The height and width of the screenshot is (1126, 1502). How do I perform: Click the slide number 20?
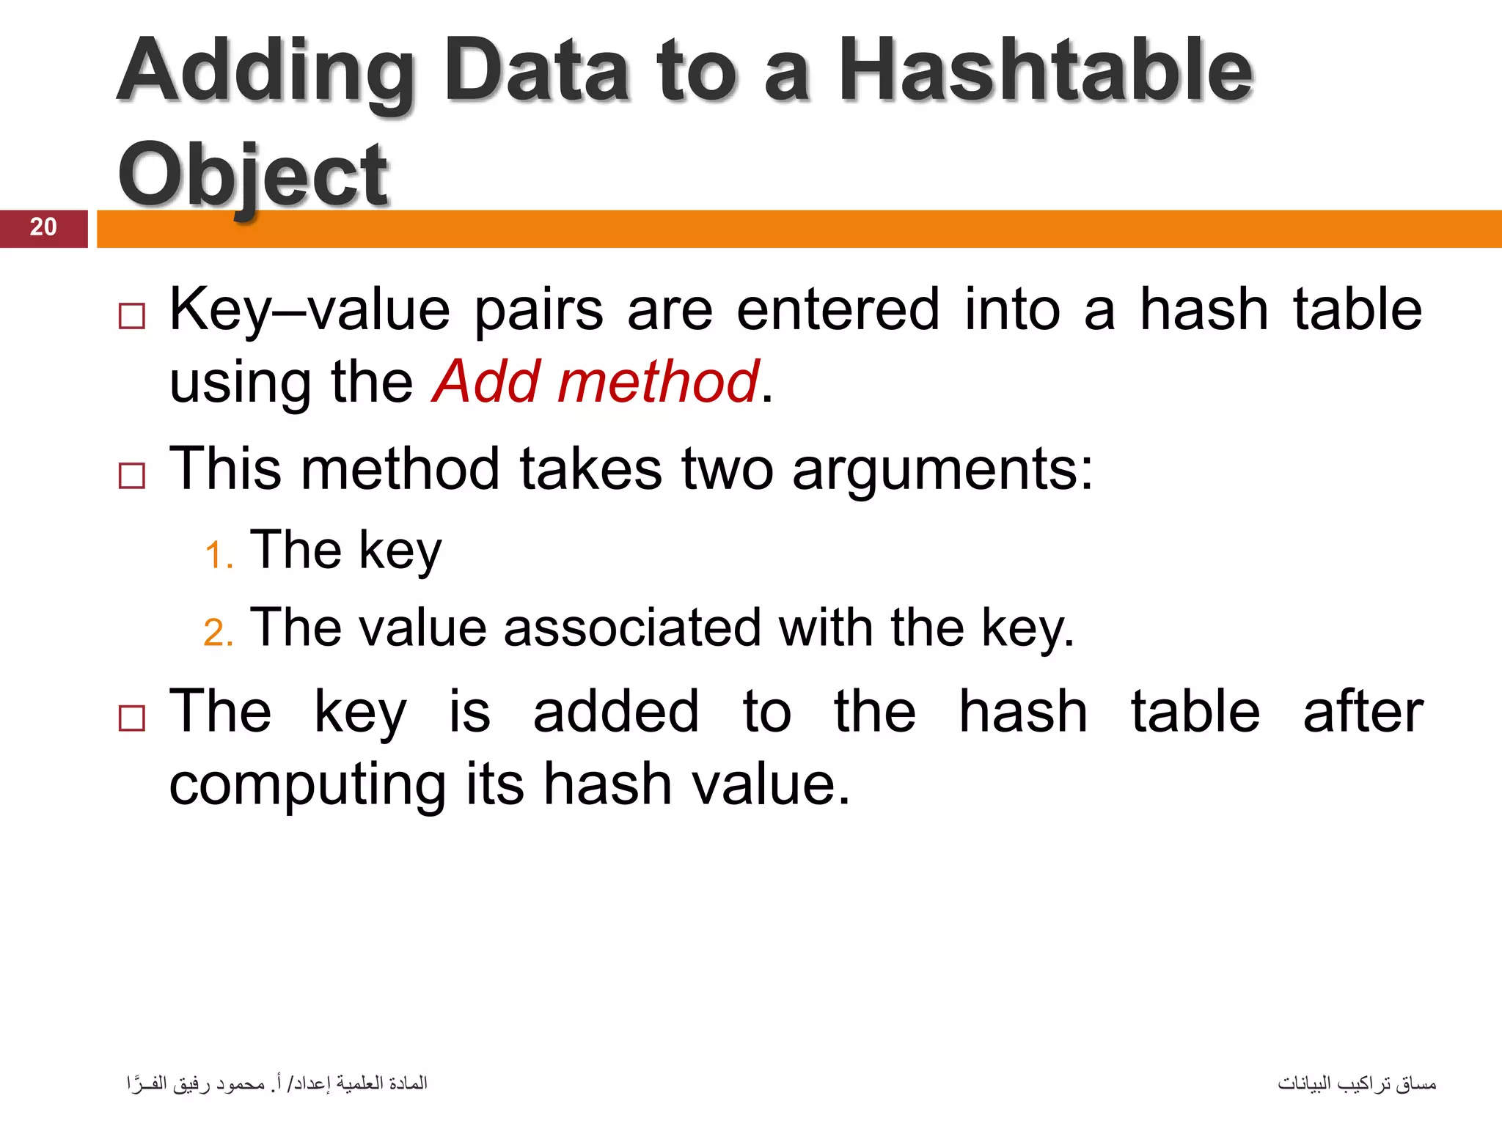coord(43,227)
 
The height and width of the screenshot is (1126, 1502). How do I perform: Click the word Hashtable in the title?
coord(1044,71)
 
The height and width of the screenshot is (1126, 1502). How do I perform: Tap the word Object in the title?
coord(252,176)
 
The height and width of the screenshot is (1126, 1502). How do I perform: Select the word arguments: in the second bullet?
coord(942,470)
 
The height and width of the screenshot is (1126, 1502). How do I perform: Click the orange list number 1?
coord(218,555)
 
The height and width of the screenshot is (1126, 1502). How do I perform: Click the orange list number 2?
coord(218,633)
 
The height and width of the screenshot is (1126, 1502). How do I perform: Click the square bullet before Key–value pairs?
coord(132,317)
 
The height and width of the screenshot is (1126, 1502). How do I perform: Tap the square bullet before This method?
coord(132,476)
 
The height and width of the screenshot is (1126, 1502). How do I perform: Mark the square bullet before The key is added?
coord(132,718)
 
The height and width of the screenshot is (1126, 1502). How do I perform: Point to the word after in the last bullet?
coord(1363,712)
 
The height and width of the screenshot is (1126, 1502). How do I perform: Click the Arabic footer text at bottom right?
coord(1356,1083)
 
